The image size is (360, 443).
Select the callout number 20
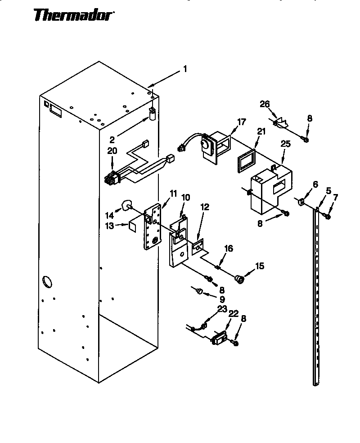[112, 151]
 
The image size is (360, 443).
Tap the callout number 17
[242, 122]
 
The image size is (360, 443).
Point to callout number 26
[265, 104]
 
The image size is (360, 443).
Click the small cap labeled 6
[301, 200]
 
